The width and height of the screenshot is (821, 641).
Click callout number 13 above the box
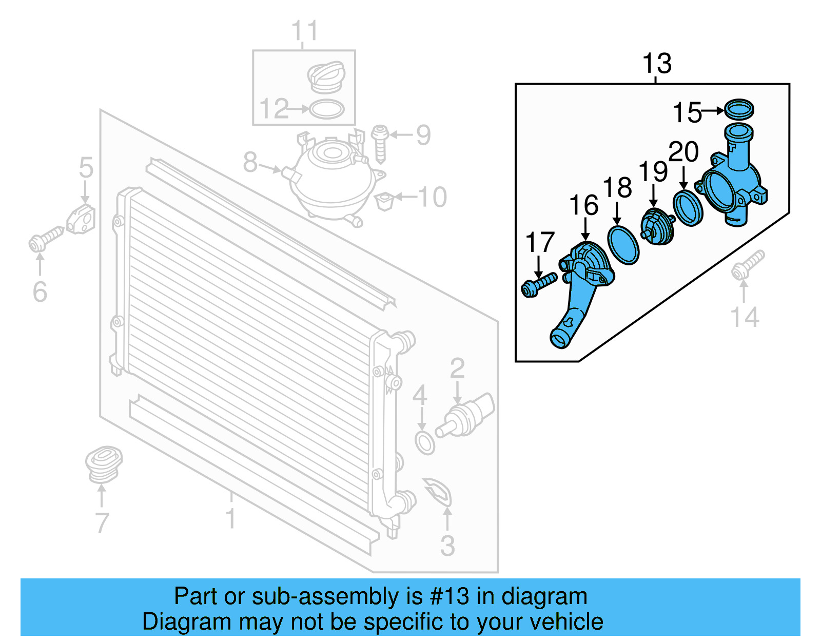(656, 64)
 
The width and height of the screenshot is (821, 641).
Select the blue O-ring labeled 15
(739, 109)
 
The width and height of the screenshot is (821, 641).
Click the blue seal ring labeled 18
(623, 245)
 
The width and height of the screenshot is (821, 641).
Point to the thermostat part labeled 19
(657, 227)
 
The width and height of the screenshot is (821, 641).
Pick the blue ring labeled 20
(688, 208)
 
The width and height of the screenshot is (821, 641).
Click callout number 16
(583, 205)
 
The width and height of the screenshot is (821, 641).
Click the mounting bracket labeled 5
(81, 220)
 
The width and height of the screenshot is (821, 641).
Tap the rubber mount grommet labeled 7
(103, 464)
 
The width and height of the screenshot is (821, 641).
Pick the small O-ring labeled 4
(425, 443)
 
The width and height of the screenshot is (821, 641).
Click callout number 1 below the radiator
(231, 518)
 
